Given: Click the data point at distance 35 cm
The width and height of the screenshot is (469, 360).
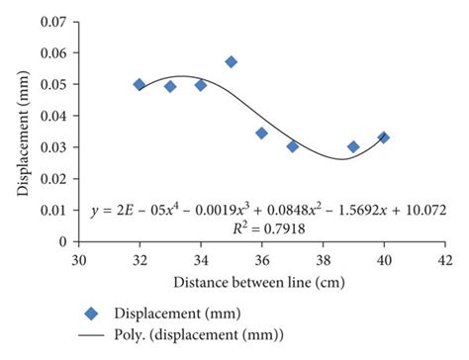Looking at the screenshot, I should [x=231, y=62].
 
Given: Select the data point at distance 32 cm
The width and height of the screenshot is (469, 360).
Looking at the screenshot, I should [x=139, y=85].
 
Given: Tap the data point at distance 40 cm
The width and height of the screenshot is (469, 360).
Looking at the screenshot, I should [x=383, y=137].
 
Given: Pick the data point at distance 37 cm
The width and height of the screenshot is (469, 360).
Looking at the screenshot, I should [x=293, y=146].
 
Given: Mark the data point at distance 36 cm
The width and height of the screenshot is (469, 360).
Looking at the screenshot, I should [x=261, y=133].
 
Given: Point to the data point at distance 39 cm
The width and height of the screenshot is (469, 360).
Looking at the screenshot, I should [x=353, y=146].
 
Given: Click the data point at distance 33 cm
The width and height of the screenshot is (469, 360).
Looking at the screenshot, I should [x=170, y=87].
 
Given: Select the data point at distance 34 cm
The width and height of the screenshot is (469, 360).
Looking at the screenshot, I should [x=201, y=85].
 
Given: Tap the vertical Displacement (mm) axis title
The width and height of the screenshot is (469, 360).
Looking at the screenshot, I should [x=22, y=129].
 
